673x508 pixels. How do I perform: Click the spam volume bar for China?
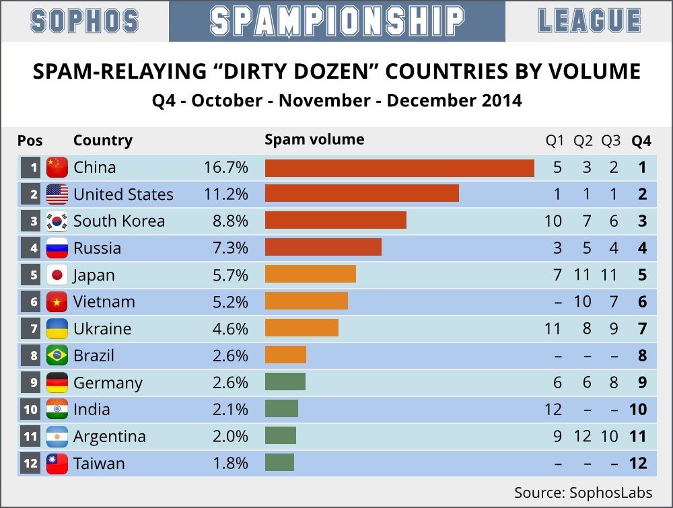[x=399, y=168]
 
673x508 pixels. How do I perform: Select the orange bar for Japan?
[x=310, y=275]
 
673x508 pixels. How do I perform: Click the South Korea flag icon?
[x=57, y=221]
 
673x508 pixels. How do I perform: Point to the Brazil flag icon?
[x=57, y=356]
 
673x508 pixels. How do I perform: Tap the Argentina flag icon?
[x=57, y=437]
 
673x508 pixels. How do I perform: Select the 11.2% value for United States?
[x=226, y=194]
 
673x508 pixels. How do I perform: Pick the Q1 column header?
[x=555, y=141]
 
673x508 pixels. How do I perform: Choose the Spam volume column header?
[x=314, y=140]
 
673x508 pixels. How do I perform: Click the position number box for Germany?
[x=31, y=383]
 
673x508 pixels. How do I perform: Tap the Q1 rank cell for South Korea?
[x=554, y=221]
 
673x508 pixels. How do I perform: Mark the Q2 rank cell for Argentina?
[x=583, y=437]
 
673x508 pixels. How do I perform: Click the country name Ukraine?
[x=102, y=329]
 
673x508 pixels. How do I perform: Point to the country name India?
[x=92, y=410]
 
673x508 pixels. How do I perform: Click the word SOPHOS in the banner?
[x=85, y=22]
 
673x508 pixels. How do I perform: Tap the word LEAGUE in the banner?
[x=589, y=22]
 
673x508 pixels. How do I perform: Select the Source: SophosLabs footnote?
[x=583, y=492]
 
